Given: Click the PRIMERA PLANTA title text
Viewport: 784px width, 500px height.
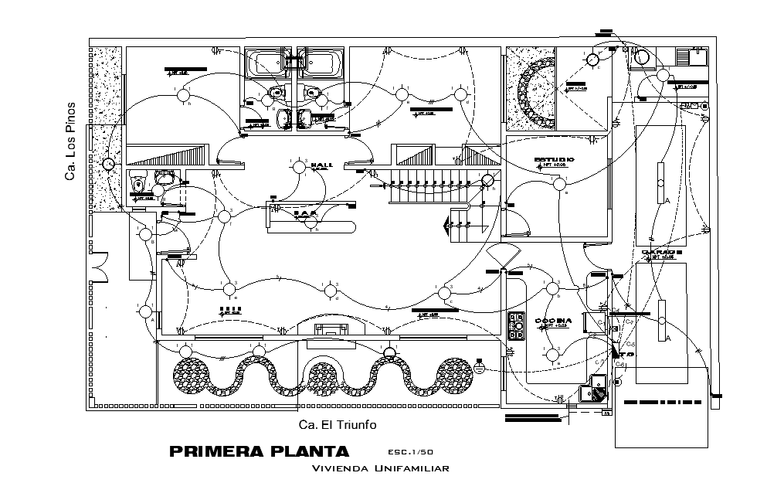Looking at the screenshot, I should click(259, 451).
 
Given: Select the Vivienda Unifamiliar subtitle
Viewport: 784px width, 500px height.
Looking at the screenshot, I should click(380, 468).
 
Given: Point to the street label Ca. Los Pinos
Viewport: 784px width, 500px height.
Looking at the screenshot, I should click(70, 141).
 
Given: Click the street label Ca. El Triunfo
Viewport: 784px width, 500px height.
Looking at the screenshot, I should click(338, 424).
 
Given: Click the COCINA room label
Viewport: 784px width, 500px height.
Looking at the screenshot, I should click(553, 320).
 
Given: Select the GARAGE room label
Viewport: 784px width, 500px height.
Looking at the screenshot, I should click(661, 253).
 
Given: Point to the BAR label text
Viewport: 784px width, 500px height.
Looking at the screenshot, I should click(306, 212).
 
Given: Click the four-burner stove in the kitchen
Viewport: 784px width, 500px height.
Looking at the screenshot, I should click(516, 328).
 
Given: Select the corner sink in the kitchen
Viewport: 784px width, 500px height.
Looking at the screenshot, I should click(597, 388).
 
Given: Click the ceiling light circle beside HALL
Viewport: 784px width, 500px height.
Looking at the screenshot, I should click(299, 167).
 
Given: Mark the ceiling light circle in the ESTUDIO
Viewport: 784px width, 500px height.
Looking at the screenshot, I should click(558, 184).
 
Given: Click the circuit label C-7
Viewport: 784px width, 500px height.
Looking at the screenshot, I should click(630, 321).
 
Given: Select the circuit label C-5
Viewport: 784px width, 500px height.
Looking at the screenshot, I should click(630, 343).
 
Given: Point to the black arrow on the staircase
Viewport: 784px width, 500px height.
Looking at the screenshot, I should click(447, 226).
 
